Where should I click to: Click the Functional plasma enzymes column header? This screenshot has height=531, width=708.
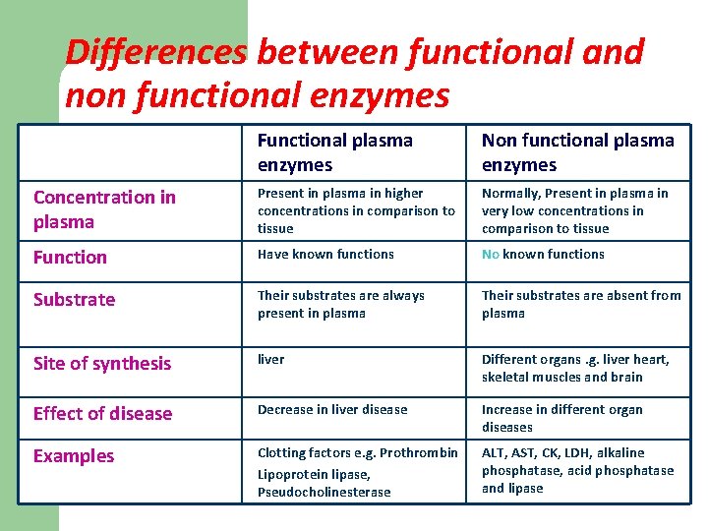(334, 152)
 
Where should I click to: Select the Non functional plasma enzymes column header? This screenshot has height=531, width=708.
(577, 152)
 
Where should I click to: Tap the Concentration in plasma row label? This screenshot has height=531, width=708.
(104, 208)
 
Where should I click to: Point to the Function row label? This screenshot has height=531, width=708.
(70, 258)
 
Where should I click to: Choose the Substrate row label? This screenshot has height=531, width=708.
(74, 300)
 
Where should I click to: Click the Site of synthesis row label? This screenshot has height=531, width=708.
(102, 364)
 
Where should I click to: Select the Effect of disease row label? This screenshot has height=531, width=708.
(102, 414)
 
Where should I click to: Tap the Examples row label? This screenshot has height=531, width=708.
(74, 456)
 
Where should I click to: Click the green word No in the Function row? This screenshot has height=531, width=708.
(491, 254)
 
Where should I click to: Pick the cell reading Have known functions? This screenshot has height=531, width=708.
(325, 254)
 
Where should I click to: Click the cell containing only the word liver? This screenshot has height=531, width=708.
(270, 359)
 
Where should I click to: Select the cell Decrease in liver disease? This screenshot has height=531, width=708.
(331, 409)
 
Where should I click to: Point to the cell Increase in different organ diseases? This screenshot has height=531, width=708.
(561, 418)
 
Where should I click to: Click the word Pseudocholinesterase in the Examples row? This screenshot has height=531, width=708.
(324, 492)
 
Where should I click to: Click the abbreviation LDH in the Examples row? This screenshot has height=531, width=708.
(586, 452)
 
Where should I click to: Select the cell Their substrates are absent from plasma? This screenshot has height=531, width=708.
(580, 304)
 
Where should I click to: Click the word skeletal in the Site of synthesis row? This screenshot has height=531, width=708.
(508, 377)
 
